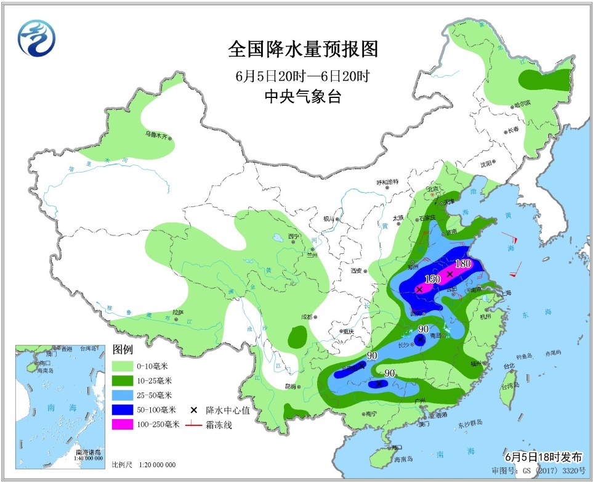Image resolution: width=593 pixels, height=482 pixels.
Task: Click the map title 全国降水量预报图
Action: [x=302, y=49]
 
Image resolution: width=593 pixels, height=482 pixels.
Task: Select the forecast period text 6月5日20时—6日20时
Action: [x=302, y=77]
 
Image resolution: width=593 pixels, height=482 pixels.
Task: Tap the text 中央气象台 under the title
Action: [x=302, y=97]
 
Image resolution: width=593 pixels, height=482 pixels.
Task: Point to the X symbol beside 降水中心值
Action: [x=193, y=410]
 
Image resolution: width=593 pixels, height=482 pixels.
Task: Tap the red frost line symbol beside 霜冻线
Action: [x=193, y=425]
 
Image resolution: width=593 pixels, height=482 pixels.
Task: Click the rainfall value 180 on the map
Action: [x=462, y=264]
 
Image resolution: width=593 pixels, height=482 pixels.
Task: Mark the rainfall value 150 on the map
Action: [x=432, y=279]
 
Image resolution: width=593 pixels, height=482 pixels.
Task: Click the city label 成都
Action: [x=307, y=317]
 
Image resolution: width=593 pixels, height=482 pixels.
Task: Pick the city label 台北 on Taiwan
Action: [x=509, y=366]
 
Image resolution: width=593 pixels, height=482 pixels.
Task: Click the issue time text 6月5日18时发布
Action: [x=543, y=457]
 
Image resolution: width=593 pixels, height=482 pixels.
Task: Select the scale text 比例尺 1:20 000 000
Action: [x=143, y=465]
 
